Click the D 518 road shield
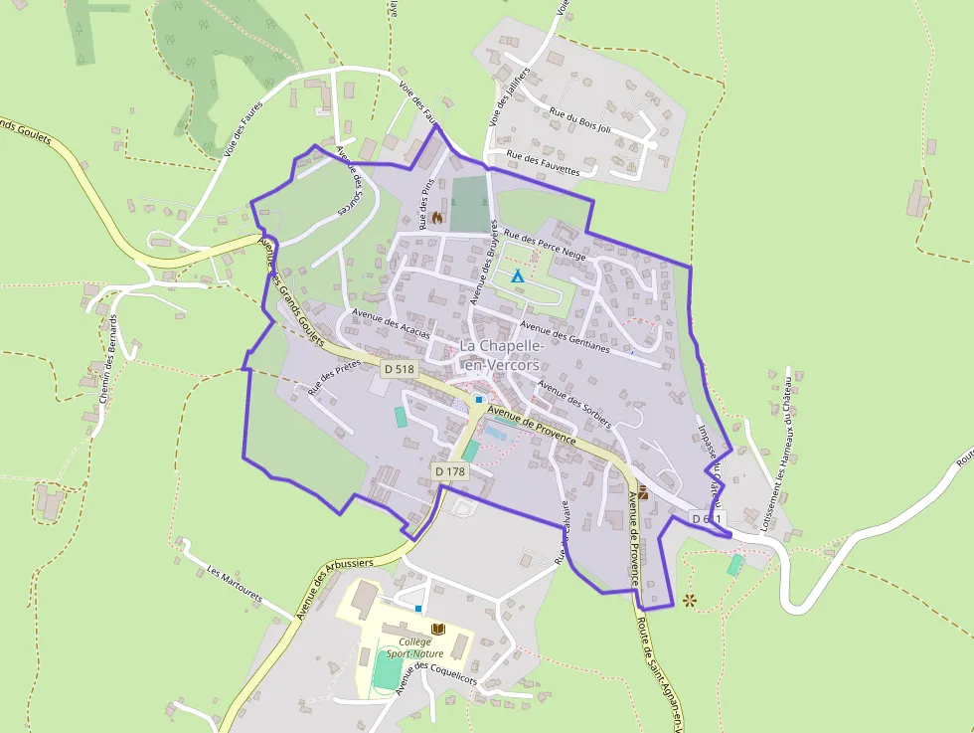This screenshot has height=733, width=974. click(x=400, y=369)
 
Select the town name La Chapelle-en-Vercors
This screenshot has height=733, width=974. click(x=502, y=355)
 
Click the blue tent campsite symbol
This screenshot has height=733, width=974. click(x=517, y=275)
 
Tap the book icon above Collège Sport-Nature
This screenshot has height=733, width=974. click(x=438, y=629)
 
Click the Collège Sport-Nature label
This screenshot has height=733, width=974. click(x=415, y=647)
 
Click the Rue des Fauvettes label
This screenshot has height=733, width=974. click(x=543, y=163)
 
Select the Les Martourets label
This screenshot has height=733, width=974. click(x=235, y=586)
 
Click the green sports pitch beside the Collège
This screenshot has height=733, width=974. click(x=384, y=671)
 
